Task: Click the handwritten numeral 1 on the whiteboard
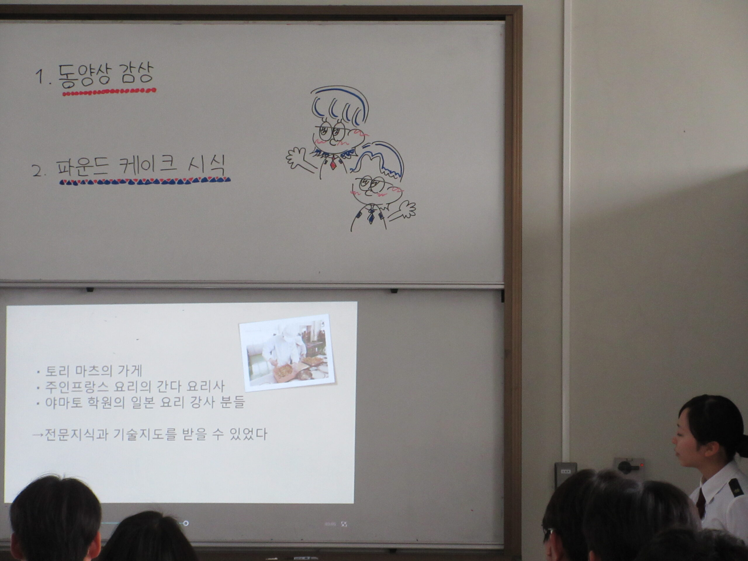pos(41,77)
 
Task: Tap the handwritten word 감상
pos(132,74)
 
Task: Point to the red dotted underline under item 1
pos(109,91)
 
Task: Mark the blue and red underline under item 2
pos(145,181)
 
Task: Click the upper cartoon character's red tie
pos(333,163)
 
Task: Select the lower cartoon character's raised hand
pos(406,210)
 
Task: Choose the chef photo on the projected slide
pos(287,352)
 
